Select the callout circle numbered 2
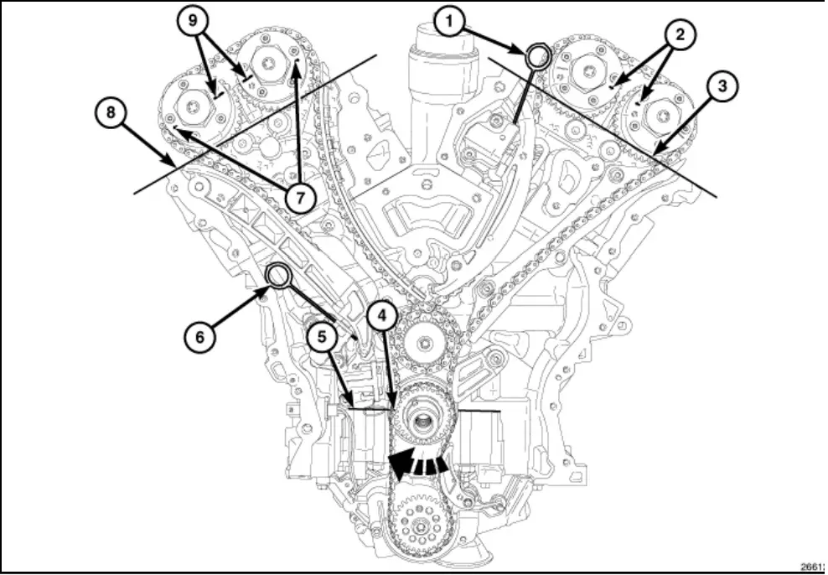tap(680, 34)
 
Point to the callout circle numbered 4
tap(381, 315)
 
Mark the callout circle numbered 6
tap(199, 336)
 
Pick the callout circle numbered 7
tap(299, 197)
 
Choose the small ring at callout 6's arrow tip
tap(277, 274)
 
